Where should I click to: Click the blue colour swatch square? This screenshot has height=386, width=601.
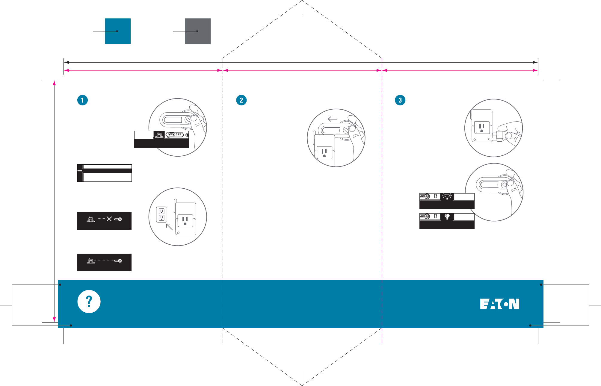tap(118, 31)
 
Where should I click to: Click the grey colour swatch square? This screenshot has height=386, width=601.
tap(198, 31)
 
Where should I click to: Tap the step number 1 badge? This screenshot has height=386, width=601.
tap(82, 100)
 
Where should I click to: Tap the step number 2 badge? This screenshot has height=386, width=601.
tap(241, 100)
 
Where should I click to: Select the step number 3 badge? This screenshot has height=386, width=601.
tap(400, 100)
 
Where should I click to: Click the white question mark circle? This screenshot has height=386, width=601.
tap(89, 302)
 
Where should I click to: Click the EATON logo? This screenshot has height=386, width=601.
tap(499, 304)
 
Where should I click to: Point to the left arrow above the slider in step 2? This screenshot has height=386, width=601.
tap(332, 119)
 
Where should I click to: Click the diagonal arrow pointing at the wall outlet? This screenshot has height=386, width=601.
tap(169, 227)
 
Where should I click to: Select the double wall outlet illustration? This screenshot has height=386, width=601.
tap(161, 215)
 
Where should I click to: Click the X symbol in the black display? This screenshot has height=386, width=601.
tap(109, 219)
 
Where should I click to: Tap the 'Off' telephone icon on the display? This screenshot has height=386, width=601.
tap(175, 135)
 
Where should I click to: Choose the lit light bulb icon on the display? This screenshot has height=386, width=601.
tap(447, 196)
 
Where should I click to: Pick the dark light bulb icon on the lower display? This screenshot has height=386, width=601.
tap(447, 217)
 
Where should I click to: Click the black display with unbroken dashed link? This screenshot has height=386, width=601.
tap(104, 262)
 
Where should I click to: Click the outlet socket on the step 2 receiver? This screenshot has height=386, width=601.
tap(324, 152)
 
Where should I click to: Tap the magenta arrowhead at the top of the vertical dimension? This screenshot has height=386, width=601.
tap(54, 83)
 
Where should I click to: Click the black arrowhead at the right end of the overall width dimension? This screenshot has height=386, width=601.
tap(535, 62)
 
